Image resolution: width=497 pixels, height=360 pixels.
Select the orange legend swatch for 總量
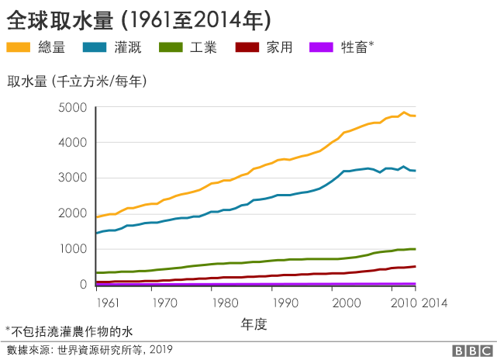click(20, 47)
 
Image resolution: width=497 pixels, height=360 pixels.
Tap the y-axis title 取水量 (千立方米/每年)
click(78, 81)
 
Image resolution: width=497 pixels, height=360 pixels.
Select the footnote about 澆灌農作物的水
click(69, 331)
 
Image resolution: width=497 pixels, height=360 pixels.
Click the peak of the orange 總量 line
click(404, 112)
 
